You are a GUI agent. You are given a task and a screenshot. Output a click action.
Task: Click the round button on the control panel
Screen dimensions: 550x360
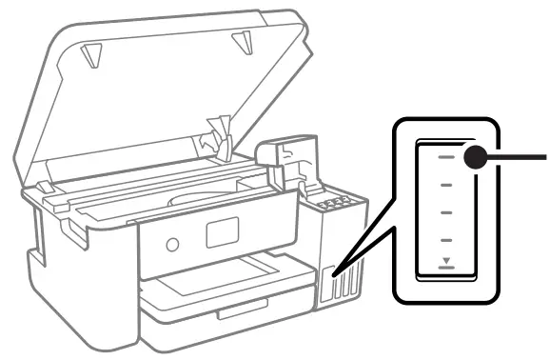172,244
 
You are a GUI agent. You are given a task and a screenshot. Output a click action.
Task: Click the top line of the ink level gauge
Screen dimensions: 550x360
445,150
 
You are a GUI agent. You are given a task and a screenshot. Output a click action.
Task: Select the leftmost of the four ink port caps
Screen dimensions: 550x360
317,200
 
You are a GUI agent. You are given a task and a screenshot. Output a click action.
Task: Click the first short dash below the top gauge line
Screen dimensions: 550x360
445,177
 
